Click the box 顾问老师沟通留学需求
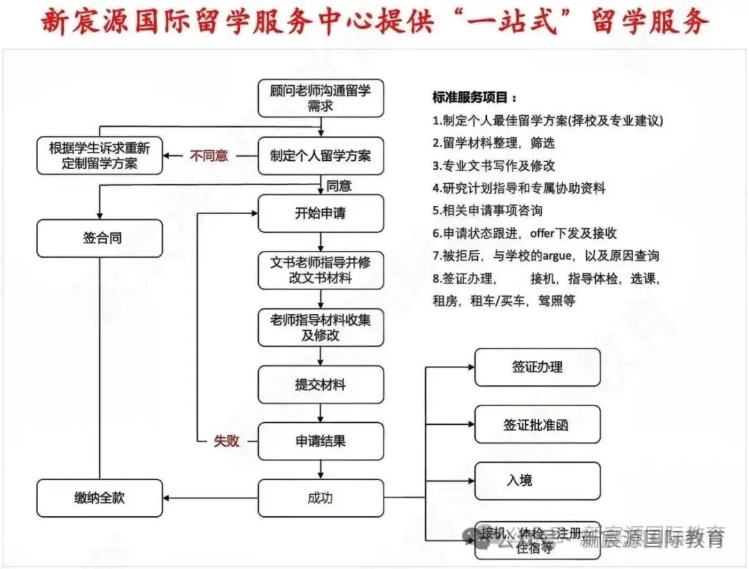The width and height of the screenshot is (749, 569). [320, 98]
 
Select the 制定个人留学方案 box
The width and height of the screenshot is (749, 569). [320, 155]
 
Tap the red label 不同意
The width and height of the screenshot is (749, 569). [209, 155]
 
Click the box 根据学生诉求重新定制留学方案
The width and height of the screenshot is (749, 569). [100, 155]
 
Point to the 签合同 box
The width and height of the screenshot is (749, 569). [100, 238]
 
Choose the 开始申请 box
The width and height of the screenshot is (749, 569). [320, 213]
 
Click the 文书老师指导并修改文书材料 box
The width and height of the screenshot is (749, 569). [320, 270]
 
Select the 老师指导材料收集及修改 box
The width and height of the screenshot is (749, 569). [320, 327]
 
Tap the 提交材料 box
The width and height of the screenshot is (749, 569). [320, 384]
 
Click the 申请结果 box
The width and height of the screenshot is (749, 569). [320, 441]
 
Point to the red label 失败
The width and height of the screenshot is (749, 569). [226, 441]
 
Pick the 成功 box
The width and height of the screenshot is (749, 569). [320, 498]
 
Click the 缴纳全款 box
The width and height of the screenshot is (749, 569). [100, 498]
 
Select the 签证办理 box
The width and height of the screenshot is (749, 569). [537, 367]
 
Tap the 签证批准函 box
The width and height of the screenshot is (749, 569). [537, 424]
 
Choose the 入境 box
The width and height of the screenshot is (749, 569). [537, 480]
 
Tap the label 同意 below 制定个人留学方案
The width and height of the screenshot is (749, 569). [339, 185]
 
